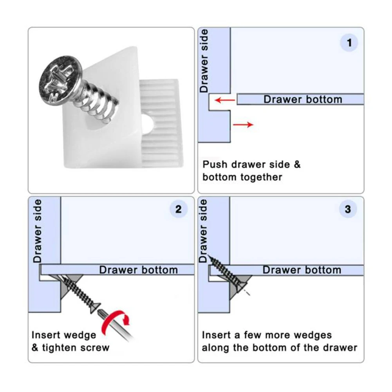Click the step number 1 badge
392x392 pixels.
point(349,43)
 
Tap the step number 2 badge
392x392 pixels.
point(178,209)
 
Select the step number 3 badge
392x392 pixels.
point(348,209)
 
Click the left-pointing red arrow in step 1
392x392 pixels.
point(225,101)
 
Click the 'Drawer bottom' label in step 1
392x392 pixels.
point(303,99)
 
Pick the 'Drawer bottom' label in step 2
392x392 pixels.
point(139,270)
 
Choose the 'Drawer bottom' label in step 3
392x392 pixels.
point(302,270)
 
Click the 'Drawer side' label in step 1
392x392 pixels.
point(204,61)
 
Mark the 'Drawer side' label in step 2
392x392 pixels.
point(38,231)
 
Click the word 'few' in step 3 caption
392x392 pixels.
point(253,335)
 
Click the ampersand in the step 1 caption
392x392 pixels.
point(297,164)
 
